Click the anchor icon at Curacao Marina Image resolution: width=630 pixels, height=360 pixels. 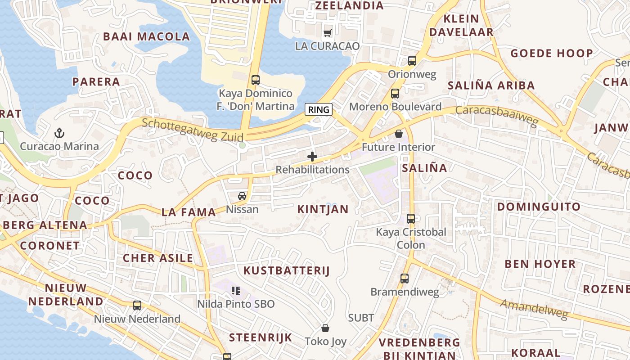(59, 133)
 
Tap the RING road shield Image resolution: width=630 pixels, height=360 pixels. (319, 109)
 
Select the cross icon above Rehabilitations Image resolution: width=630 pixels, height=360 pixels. (312, 157)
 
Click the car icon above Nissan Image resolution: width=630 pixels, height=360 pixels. (242, 196)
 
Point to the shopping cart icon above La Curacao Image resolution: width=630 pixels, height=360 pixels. (328, 33)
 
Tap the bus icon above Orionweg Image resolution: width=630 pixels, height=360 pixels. (412, 61)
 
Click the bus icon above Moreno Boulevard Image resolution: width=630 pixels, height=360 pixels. (395, 94)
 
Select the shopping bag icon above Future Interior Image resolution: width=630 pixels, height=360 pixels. (399, 134)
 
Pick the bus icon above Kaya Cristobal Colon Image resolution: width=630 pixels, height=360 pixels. (411, 219)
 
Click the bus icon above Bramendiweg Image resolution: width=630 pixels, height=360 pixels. (405, 279)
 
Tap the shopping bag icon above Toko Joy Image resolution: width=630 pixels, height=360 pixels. (325, 328)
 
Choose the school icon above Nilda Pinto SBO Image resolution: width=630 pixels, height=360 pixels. (236, 291)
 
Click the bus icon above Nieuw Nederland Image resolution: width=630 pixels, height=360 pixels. (137, 306)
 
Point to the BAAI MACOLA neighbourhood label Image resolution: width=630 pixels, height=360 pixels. (147, 37)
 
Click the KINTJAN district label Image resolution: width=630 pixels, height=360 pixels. (323, 209)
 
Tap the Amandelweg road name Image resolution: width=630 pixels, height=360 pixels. (534, 310)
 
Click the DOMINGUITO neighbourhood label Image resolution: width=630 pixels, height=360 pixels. (539, 207)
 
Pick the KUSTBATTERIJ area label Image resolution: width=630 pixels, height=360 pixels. (287, 270)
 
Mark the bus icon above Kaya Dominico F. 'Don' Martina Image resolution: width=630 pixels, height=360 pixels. (256, 80)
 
